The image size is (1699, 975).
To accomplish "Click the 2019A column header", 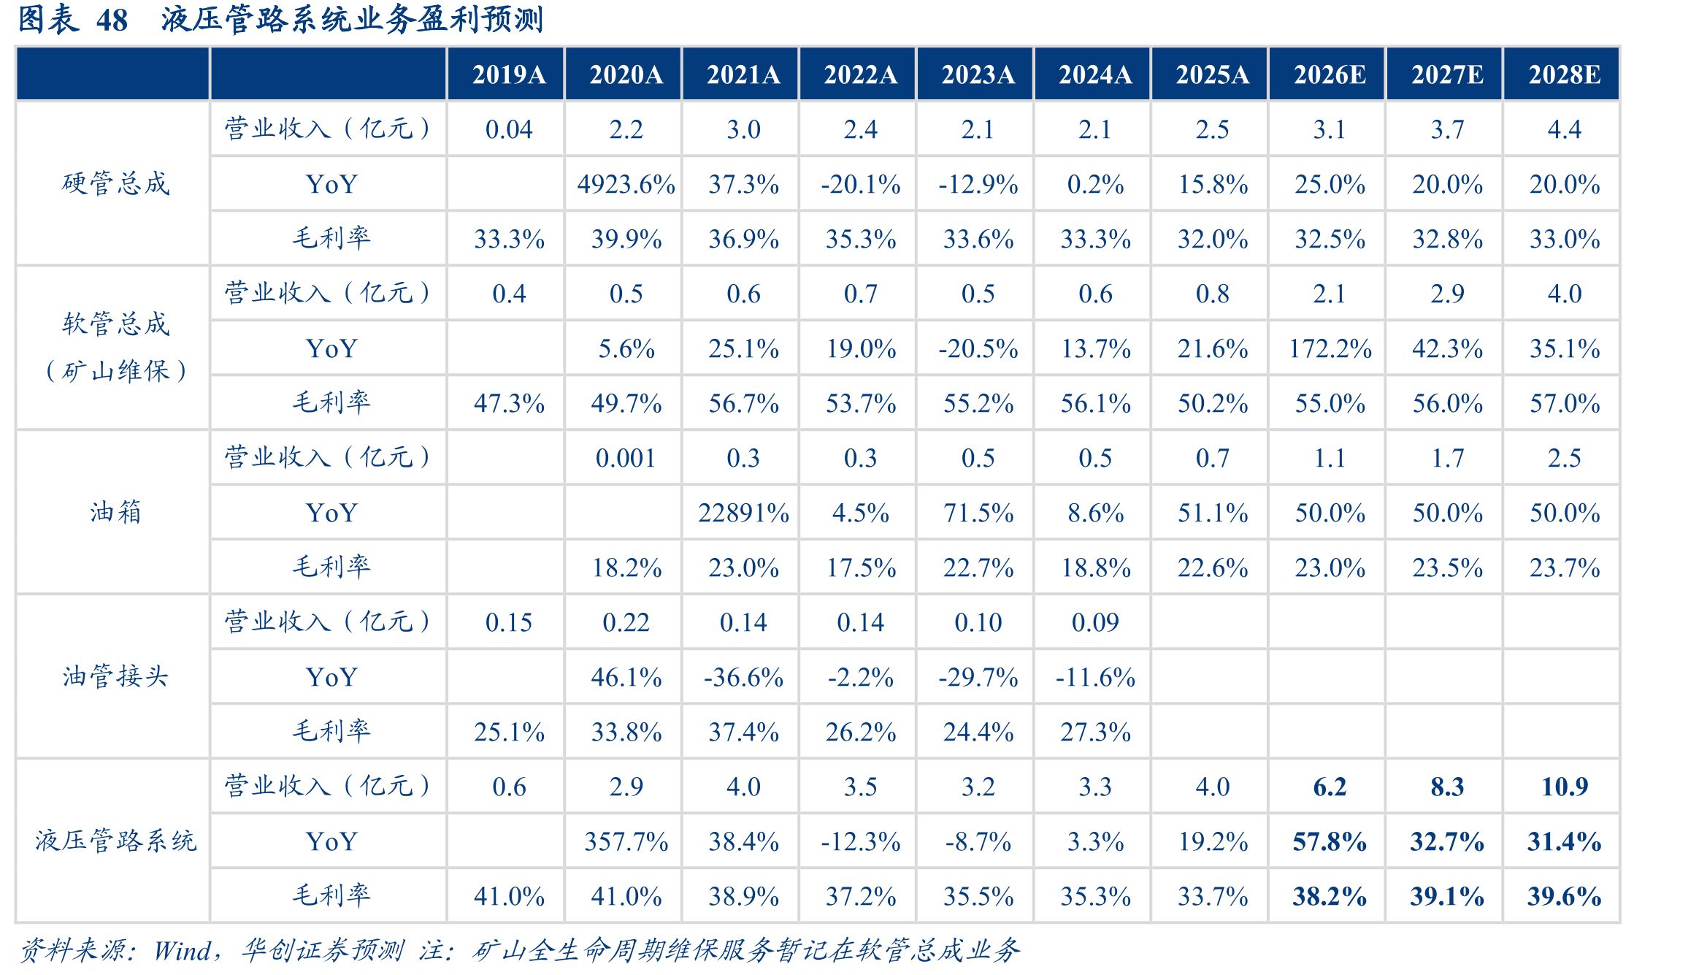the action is tap(509, 74).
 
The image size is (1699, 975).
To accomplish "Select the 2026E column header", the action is tap(1330, 74).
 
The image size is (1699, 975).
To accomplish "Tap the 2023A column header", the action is tap(978, 74).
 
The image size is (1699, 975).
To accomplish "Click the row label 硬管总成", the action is tap(115, 183).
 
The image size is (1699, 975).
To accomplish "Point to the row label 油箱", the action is tap(115, 512).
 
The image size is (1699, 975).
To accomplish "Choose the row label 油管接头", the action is tap(115, 676).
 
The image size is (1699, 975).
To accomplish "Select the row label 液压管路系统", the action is tap(115, 841).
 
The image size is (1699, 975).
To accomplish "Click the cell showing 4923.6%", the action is tap(626, 184).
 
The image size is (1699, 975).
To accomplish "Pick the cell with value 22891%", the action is tap(743, 513).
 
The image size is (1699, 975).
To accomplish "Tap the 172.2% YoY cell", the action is tap(1330, 348).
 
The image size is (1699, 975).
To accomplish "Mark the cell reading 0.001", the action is tap(626, 458).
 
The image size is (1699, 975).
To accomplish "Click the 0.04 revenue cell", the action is tap(509, 129).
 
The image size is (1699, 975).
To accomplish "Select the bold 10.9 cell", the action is tap(1564, 787).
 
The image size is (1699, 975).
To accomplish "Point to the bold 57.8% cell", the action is tap(1330, 841).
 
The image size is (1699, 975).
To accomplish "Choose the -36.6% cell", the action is tap(743, 677).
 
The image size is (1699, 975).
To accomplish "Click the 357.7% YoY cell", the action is tap(626, 841).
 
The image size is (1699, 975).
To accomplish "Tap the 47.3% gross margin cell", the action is tap(509, 403).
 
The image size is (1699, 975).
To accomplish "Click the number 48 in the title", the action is tap(112, 20).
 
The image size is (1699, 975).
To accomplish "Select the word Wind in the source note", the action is tap(182, 950).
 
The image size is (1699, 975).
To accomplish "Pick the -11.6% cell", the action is tap(1095, 677).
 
